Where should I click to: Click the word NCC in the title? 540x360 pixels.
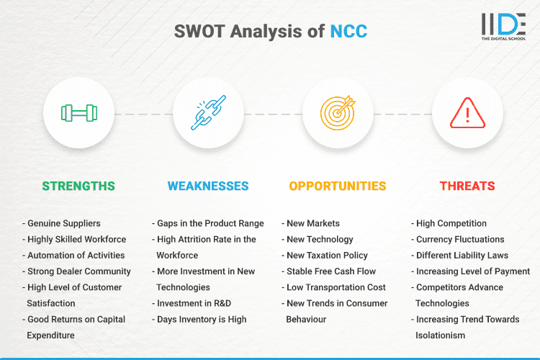(x=349, y=31)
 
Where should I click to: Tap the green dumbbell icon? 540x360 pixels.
(x=79, y=113)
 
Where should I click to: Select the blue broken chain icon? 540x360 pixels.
(x=208, y=113)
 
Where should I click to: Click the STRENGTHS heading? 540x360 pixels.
(x=78, y=186)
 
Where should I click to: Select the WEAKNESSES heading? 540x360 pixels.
(x=208, y=186)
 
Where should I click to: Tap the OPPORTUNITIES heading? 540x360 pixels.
(x=338, y=186)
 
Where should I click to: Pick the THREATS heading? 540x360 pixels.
(x=467, y=186)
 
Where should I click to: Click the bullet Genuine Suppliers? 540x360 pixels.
(x=63, y=223)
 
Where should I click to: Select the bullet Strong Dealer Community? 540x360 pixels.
(x=79, y=271)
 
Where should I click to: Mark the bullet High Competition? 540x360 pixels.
(x=451, y=223)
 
